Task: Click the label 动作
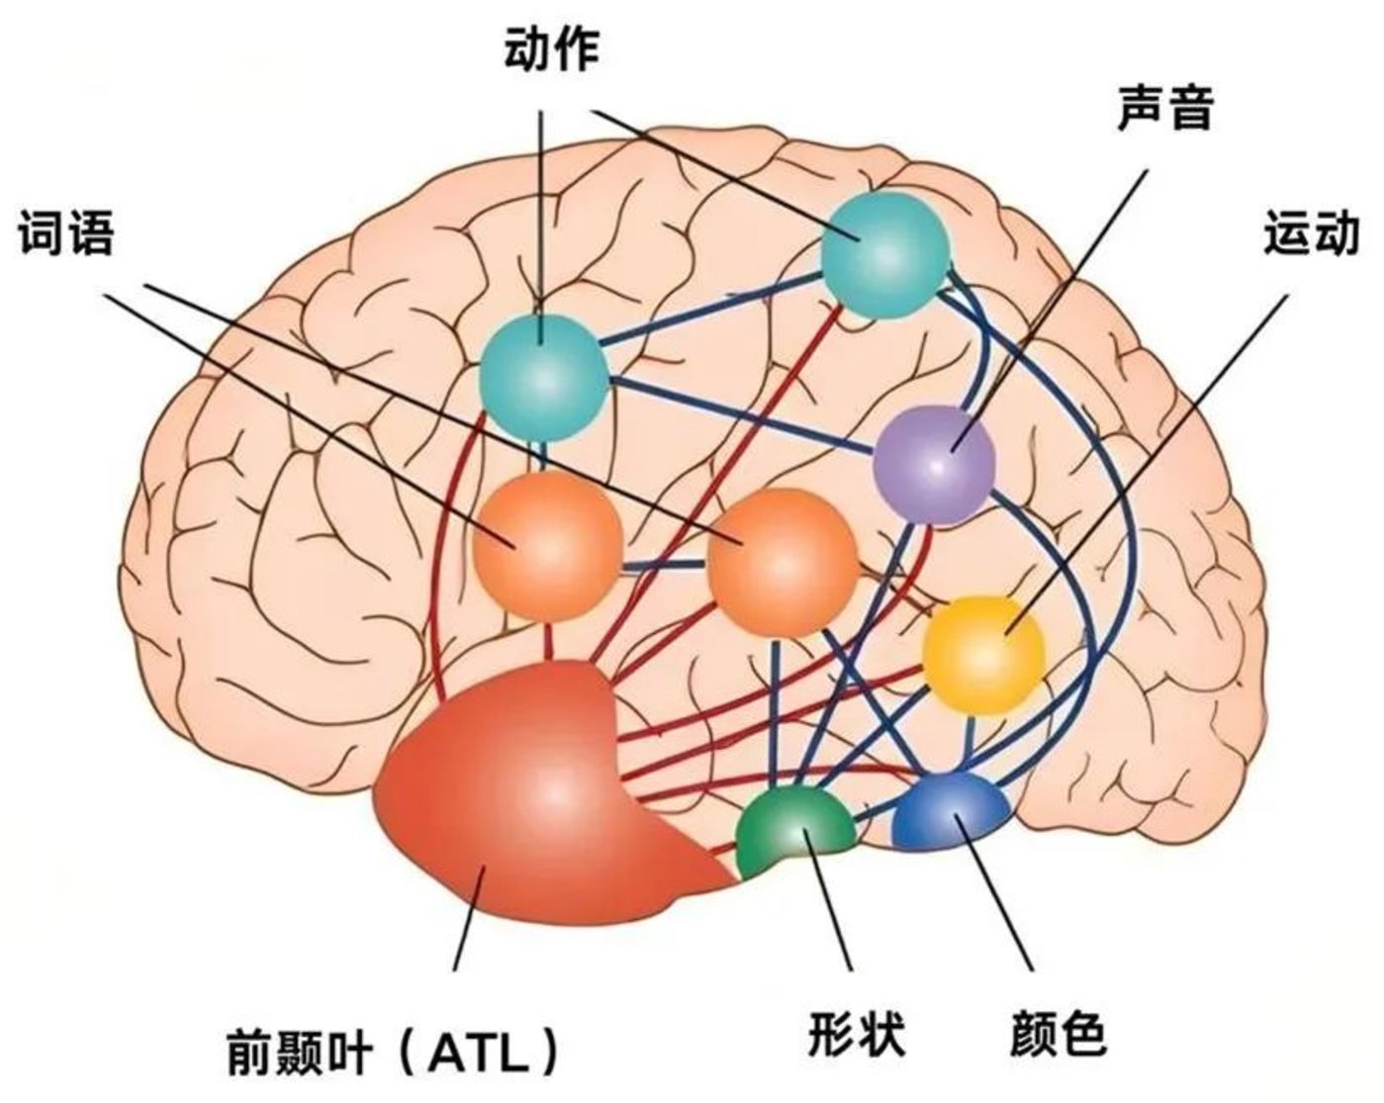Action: click(x=551, y=49)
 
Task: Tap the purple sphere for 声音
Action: click(x=934, y=463)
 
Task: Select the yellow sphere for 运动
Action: click(x=983, y=653)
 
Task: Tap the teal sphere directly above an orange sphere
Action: click(x=542, y=378)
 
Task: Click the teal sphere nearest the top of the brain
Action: click(x=884, y=254)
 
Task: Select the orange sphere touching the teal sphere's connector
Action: click(x=547, y=546)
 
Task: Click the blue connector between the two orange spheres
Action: click(x=664, y=567)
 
